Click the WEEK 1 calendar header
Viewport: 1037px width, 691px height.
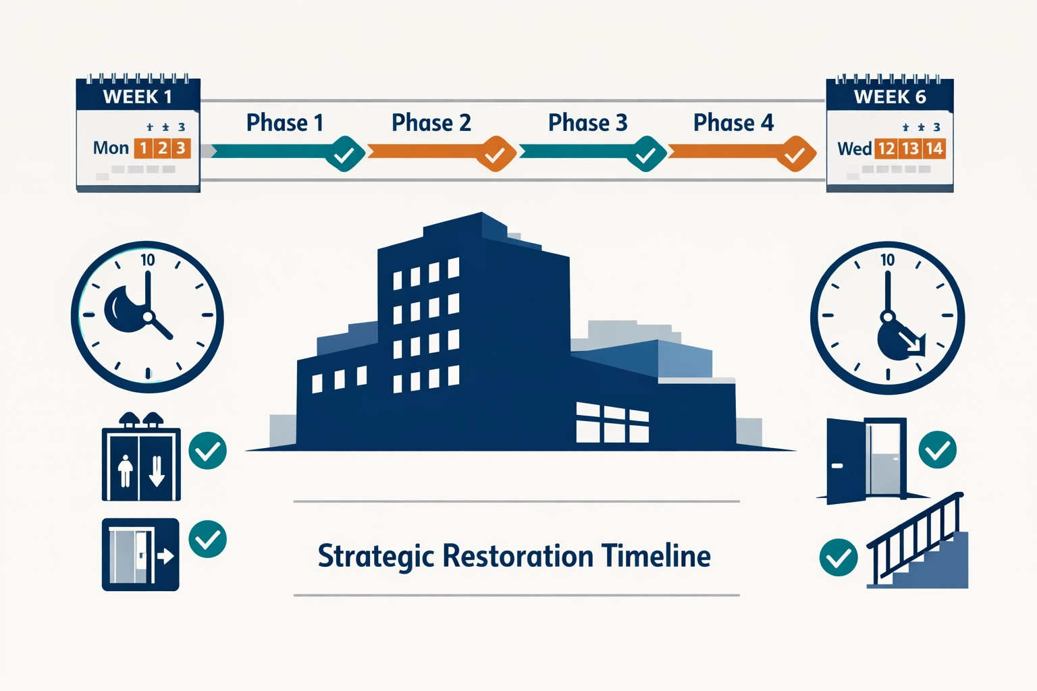(138, 96)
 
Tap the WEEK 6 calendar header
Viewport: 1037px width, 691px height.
(889, 96)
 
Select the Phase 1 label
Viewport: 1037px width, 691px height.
(284, 123)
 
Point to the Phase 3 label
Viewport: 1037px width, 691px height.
(587, 123)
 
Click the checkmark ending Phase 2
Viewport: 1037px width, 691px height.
(496, 155)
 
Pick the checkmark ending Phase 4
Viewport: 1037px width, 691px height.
(795, 155)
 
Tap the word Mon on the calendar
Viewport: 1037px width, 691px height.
(111, 148)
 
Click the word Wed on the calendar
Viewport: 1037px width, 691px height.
(854, 148)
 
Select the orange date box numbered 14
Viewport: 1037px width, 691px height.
(934, 148)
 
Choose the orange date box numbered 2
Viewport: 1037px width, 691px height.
(163, 148)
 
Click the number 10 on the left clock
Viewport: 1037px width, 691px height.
(148, 260)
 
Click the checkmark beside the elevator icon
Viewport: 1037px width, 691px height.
(207, 450)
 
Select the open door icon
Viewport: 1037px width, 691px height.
(867, 460)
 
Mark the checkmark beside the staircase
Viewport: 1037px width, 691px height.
(838, 557)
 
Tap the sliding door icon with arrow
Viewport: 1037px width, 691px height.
(140, 555)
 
